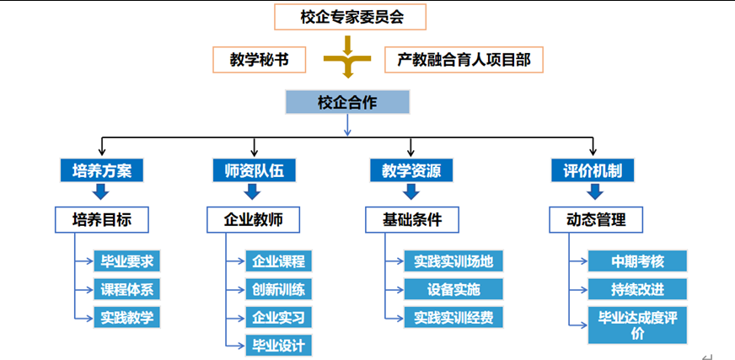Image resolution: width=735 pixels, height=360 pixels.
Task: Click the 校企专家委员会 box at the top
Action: [351, 16]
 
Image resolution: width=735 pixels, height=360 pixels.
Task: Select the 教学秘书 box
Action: [258, 61]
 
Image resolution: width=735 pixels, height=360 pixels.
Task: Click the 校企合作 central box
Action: [347, 103]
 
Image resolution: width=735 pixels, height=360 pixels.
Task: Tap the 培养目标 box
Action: [102, 220]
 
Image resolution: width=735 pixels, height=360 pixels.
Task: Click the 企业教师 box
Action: [254, 220]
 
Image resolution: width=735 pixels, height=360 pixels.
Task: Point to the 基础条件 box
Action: [411, 220]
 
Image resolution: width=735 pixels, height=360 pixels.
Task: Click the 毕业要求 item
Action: [126, 261]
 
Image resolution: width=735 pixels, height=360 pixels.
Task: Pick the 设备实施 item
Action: [453, 289]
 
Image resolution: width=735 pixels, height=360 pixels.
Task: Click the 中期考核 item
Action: [637, 261]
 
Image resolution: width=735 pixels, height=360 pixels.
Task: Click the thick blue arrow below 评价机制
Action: [594, 192]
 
